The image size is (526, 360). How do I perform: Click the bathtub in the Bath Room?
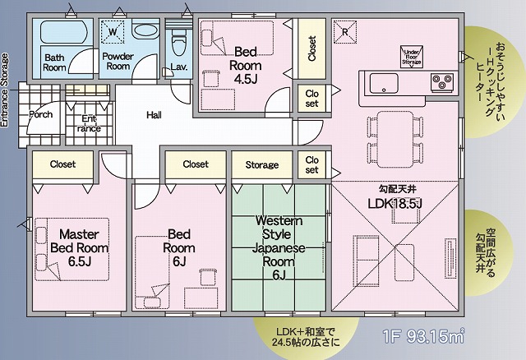coord(63,32)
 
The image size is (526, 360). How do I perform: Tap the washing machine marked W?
coord(113,31)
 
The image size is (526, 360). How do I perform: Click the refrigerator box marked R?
coord(345,32)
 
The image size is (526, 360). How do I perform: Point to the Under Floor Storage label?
coord(412,58)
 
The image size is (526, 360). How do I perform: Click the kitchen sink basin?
coord(384,83)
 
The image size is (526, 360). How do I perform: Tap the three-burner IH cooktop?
coord(442,82)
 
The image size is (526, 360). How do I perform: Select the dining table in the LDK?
coord(394,139)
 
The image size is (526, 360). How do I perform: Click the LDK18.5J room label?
coord(394,204)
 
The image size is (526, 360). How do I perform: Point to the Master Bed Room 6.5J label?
coord(79,247)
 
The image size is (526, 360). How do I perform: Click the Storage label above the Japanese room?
coord(262,164)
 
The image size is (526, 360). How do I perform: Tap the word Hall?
coord(154,115)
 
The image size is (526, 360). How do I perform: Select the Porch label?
coord(40,114)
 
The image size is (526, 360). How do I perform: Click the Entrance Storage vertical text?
coord(4,90)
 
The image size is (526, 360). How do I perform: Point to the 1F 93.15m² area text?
coord(423,336)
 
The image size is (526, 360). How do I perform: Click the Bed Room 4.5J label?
coord(246,66)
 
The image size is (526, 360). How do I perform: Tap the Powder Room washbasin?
coord(145,32)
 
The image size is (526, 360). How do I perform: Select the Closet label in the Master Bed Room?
coord(62,164)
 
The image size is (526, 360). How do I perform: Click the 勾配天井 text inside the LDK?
coord(398,190)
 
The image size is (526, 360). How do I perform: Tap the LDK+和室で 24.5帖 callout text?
coord(306,337)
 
